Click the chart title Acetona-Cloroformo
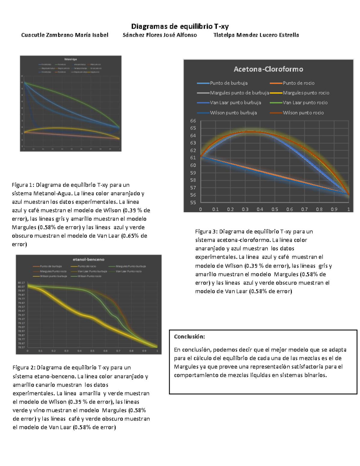coord(268,69)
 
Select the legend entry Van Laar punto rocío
coord(305,103)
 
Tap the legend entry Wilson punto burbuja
coord(233,113)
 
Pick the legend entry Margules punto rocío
coord(306,93)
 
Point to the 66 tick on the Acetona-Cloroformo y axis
coord(193,121)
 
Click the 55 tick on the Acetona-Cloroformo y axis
coord(193,203)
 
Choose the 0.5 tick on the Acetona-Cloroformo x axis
coord(274,209)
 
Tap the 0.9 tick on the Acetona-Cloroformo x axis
coord(334,209)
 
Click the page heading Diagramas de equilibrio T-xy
coord(180,26)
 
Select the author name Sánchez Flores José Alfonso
coord(160,35)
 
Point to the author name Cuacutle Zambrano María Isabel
coord(64,35)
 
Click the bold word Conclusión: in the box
coord(189,337)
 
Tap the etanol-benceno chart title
coord(88,260)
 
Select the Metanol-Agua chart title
coord(70,59)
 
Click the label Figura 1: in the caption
coord(23,185)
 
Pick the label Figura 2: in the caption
coord(24,368)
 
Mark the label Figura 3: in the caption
coord(206,232)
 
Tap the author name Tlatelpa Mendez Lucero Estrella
coord(256,35)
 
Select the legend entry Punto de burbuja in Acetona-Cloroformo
coord(229,83)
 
